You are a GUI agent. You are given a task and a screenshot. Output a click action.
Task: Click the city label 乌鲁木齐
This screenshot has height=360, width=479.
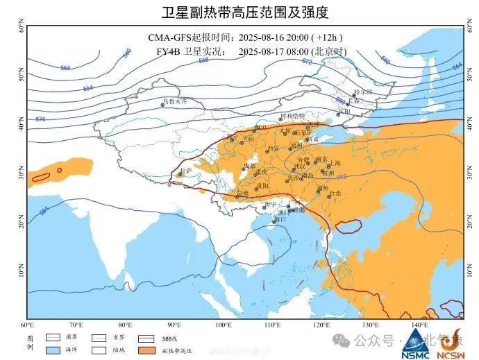174,101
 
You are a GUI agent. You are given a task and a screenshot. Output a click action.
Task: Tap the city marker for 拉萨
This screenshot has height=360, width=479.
180,175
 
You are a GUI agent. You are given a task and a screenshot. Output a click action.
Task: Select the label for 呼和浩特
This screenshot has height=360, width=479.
292,115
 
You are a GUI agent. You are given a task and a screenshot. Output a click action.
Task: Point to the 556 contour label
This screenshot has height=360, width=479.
66,68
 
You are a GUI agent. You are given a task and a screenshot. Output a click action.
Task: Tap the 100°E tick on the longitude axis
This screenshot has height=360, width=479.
224,325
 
